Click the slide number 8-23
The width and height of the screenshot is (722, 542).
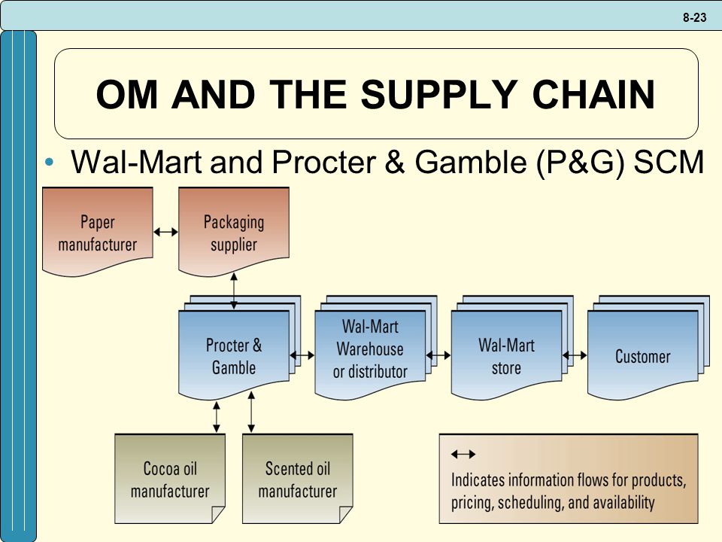[694, 17]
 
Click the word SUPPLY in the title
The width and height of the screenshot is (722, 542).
[439, 94]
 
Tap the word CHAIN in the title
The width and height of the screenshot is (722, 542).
[593, 94]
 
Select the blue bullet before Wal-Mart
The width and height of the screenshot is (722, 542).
[50, 162]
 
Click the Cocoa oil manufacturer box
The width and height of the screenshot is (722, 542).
[170, 479]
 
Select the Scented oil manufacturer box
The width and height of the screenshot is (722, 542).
[298, 479]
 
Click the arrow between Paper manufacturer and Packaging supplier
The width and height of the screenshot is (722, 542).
[165, 232]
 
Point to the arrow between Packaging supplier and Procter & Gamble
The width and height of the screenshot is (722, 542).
[234, 291]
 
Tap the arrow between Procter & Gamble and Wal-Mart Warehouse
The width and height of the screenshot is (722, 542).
[302, 355]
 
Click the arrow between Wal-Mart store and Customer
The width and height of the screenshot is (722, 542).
[575, 355]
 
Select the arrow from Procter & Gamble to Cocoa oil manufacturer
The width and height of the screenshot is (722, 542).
[217, 417]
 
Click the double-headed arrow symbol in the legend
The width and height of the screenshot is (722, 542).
[463, 455]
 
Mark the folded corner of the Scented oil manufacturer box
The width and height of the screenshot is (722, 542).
[345, 514]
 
